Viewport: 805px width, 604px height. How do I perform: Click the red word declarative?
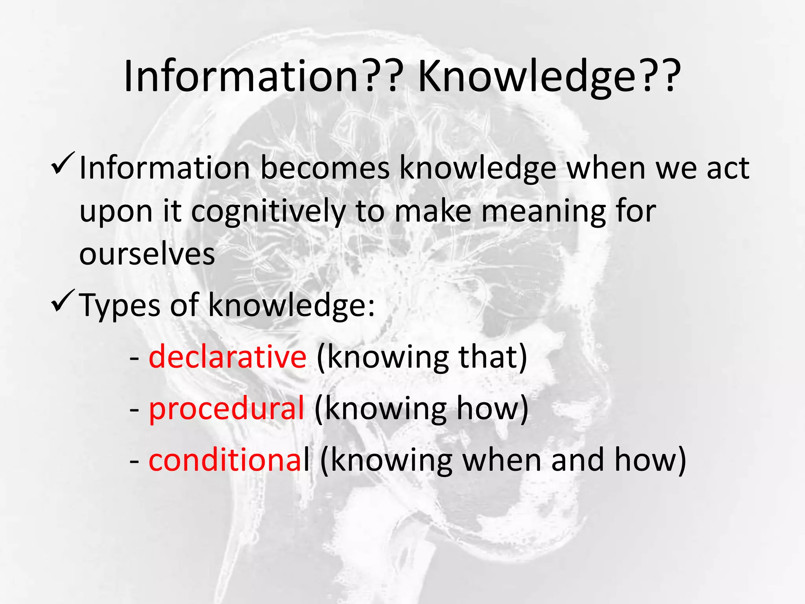coord(227,357)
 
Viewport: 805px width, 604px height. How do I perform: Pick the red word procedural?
coord(226,409)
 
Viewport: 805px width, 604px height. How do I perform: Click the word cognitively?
coord(268,212)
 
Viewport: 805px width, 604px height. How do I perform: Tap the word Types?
coord(120,306)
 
